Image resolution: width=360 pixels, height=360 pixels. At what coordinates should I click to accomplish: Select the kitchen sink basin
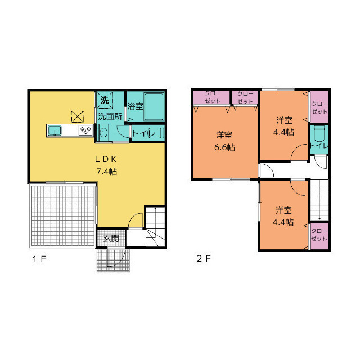(x=55, y=130)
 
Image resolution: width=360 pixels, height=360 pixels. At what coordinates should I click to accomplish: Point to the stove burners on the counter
(x=85, y=130)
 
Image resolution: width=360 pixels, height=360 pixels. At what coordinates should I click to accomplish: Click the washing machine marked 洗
(x=105, y=101)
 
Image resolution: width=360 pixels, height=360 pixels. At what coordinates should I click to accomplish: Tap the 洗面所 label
(x=110, y=116)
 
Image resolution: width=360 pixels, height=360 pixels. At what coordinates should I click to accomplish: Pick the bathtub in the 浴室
(x=153, y=107)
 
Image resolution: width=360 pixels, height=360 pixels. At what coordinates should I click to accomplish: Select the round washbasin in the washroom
(x=103, y=133)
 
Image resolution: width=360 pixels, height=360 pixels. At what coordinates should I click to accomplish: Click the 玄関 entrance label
(x=111, y=238)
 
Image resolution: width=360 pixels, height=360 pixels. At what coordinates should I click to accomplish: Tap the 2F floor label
(x=203, y=259)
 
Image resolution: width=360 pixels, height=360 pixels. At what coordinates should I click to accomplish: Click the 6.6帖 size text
(x=224, y=147)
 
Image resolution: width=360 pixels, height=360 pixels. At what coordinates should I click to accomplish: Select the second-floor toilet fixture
(x=319, y=136)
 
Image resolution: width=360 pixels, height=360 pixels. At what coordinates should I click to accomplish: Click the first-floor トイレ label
(x=141, y=133)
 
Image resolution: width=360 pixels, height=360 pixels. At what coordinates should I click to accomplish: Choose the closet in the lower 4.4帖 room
(x=319, y=235)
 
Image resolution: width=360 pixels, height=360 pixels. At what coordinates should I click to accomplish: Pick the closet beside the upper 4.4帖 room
(x=319, y=107)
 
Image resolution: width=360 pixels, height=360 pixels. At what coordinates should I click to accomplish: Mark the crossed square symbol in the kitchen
(x=77, y=116)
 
